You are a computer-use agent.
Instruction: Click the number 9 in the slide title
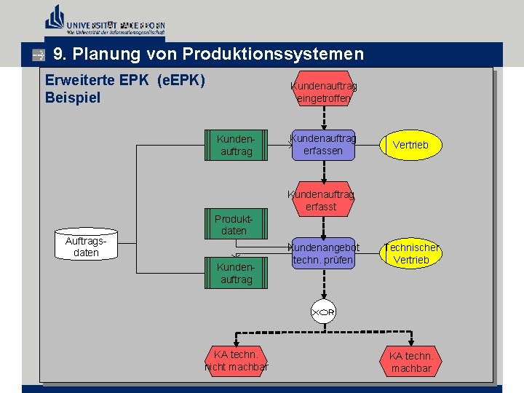point(58,55)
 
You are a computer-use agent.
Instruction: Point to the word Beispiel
point(73,98)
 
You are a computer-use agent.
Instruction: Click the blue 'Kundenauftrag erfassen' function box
point(323,145)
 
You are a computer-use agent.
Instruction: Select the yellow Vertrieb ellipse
point(410,145)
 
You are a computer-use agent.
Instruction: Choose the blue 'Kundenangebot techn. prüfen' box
point(322,254)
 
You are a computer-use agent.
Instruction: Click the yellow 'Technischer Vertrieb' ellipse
point(410,254)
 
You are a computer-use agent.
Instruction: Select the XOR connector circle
point(323,312)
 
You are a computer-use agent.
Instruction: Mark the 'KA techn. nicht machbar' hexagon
point(236,361)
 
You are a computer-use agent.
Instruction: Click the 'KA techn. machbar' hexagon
point(410,362)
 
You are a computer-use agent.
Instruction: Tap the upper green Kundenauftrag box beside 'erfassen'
point(236,145)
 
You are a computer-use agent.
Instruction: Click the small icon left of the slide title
point(39,55)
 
